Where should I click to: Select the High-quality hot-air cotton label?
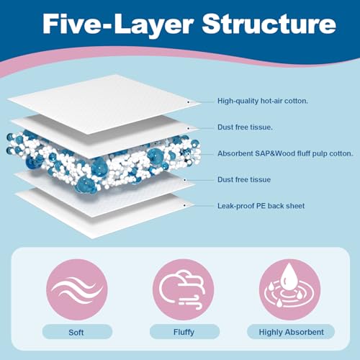[x=264, y=102]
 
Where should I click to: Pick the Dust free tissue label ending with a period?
[x=246, y=127]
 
